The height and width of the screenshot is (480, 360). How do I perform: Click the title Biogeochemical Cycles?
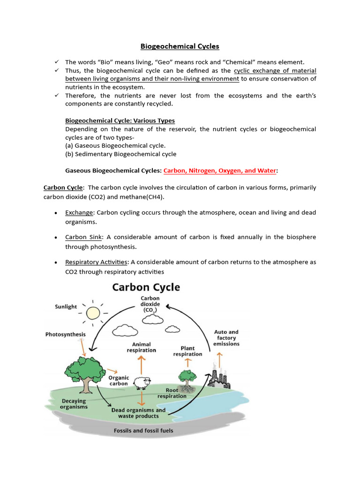tap(180, 46)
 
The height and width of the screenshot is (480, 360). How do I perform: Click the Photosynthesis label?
tap(66, 334)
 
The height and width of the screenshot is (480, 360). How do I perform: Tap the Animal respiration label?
tap(141, 347)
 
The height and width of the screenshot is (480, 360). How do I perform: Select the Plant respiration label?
tap(187, 351)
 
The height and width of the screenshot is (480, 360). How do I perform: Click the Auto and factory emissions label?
tap(226, 338)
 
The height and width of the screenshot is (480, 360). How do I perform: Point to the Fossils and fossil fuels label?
tap(143, 430)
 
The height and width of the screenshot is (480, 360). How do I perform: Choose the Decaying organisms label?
tap(74, 404)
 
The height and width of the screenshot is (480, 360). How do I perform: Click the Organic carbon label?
tap(119, 380)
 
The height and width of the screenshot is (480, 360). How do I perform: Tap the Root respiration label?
tap(172, 393)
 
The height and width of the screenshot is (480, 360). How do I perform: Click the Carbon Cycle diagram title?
tap(146, 287)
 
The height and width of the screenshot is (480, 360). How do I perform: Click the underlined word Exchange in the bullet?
tap(79, 212)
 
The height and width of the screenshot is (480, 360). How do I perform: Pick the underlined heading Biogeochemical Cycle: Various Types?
tap(120, 120)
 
